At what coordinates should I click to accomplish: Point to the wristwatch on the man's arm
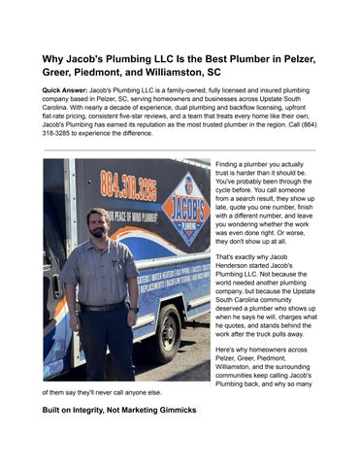pos(129,307)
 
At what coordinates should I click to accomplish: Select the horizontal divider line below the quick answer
pos(180,150)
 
